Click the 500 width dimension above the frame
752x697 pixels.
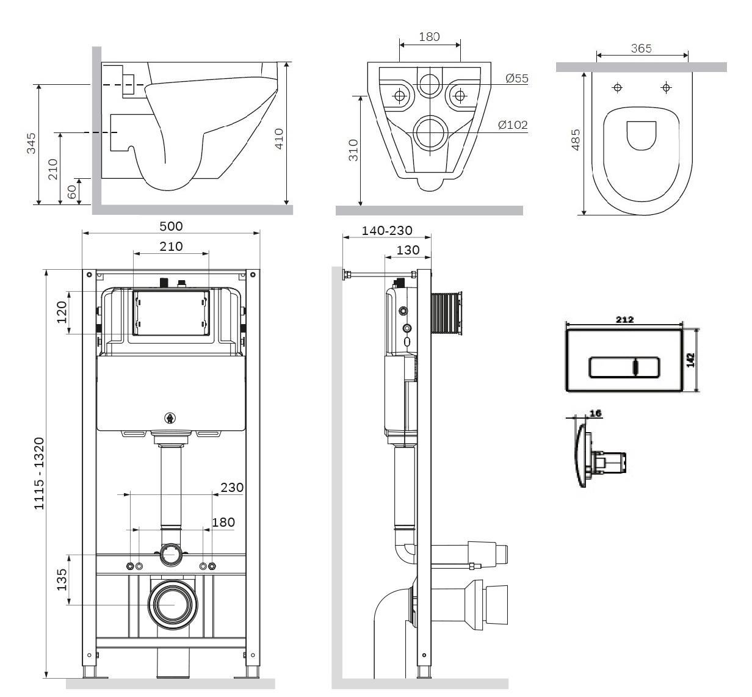[171, 226]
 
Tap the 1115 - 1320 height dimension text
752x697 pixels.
[40, 474]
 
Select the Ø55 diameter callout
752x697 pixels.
[516, 78]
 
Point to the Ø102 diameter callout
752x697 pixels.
[513, 125]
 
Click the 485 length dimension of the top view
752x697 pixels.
[576, 140]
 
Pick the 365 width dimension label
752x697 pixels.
[641, 48]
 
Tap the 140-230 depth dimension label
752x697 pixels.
[386, 230]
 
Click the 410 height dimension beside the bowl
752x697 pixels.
[279, 139]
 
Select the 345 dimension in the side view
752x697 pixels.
[31, 143]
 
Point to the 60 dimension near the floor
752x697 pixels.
[71, 192]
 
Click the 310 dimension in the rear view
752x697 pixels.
[353, 150]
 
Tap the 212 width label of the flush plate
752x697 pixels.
[624, 320]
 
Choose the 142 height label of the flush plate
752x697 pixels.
[690, 360]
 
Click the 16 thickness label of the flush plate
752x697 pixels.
[596, 413]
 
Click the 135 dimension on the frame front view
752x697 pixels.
[62, 580]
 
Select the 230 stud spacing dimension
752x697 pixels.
[232, 487]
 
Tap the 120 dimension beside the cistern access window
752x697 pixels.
[62, 312]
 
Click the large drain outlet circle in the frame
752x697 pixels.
[173, 605]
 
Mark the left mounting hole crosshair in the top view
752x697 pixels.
[618, 88]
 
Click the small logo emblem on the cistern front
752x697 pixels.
[170, 419]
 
